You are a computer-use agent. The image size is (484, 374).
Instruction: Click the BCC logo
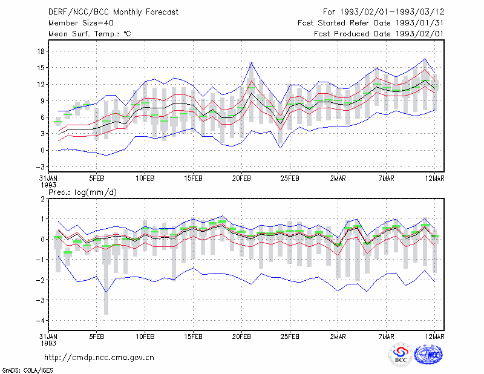[401, 355]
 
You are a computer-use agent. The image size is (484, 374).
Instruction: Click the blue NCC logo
[428, 355]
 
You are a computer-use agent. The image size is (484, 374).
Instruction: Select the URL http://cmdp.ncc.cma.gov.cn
[99, 358]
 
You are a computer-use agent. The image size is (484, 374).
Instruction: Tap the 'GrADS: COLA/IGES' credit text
[27, 370]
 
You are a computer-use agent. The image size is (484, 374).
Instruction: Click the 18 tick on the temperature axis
[41, 51]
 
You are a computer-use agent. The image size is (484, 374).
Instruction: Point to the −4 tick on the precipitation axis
[40, 321]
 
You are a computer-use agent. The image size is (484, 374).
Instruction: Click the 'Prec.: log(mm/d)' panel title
[83, 192]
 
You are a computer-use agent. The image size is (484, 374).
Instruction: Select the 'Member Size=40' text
[81, 23]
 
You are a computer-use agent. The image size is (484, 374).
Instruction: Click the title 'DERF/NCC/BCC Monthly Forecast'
[113, 12]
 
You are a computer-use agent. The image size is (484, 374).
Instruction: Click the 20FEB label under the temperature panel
[241, 179]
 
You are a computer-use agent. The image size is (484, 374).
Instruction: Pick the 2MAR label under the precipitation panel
[338, 336]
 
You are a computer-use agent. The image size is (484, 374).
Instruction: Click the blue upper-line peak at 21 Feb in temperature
[251, 63]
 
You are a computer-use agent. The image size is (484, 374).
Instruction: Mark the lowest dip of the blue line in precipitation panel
[106, 292]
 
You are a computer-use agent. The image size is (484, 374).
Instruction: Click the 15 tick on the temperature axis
[41, 68]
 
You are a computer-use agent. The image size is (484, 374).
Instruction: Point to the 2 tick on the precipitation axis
[42, 199]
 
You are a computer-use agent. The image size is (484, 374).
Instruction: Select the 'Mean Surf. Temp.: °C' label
[90, 34]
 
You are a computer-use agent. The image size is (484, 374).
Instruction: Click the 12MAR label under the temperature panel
[434, 179]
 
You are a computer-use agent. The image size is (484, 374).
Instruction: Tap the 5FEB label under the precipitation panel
[97, 336]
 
